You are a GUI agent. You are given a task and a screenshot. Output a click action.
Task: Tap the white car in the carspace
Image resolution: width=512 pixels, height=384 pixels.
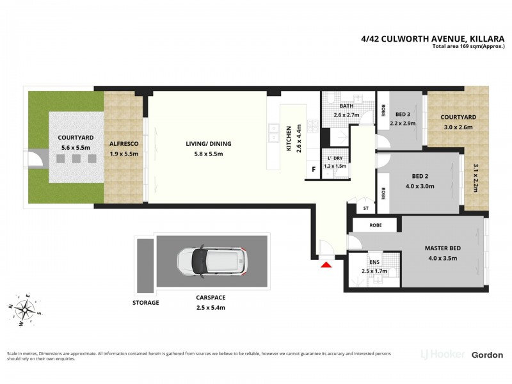211,261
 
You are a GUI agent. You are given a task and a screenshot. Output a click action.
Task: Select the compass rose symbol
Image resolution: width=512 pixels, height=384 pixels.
26,310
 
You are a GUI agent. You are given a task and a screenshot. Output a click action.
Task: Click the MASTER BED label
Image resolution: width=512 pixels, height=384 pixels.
443,248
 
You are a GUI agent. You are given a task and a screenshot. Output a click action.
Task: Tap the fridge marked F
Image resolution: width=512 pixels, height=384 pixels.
314,170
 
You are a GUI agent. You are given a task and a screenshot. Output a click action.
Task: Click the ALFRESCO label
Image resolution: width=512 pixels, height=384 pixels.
125,145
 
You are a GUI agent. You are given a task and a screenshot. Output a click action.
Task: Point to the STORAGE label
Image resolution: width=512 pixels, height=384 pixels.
145,303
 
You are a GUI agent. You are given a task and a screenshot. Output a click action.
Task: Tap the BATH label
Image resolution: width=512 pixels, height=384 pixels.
346,106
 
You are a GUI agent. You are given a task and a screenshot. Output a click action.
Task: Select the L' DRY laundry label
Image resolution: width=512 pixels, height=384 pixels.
335,157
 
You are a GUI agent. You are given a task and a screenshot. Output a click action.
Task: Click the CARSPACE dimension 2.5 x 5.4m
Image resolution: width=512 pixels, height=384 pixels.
211,307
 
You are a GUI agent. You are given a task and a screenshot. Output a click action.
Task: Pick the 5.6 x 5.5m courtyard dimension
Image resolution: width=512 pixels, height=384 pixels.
76,147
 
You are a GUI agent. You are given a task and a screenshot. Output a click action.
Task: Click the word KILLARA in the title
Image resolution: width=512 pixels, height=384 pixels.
481,38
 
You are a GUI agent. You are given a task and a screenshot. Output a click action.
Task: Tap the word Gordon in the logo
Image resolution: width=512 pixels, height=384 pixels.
487,355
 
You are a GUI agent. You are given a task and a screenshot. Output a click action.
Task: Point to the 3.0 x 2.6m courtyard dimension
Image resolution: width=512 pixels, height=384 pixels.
458,127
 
